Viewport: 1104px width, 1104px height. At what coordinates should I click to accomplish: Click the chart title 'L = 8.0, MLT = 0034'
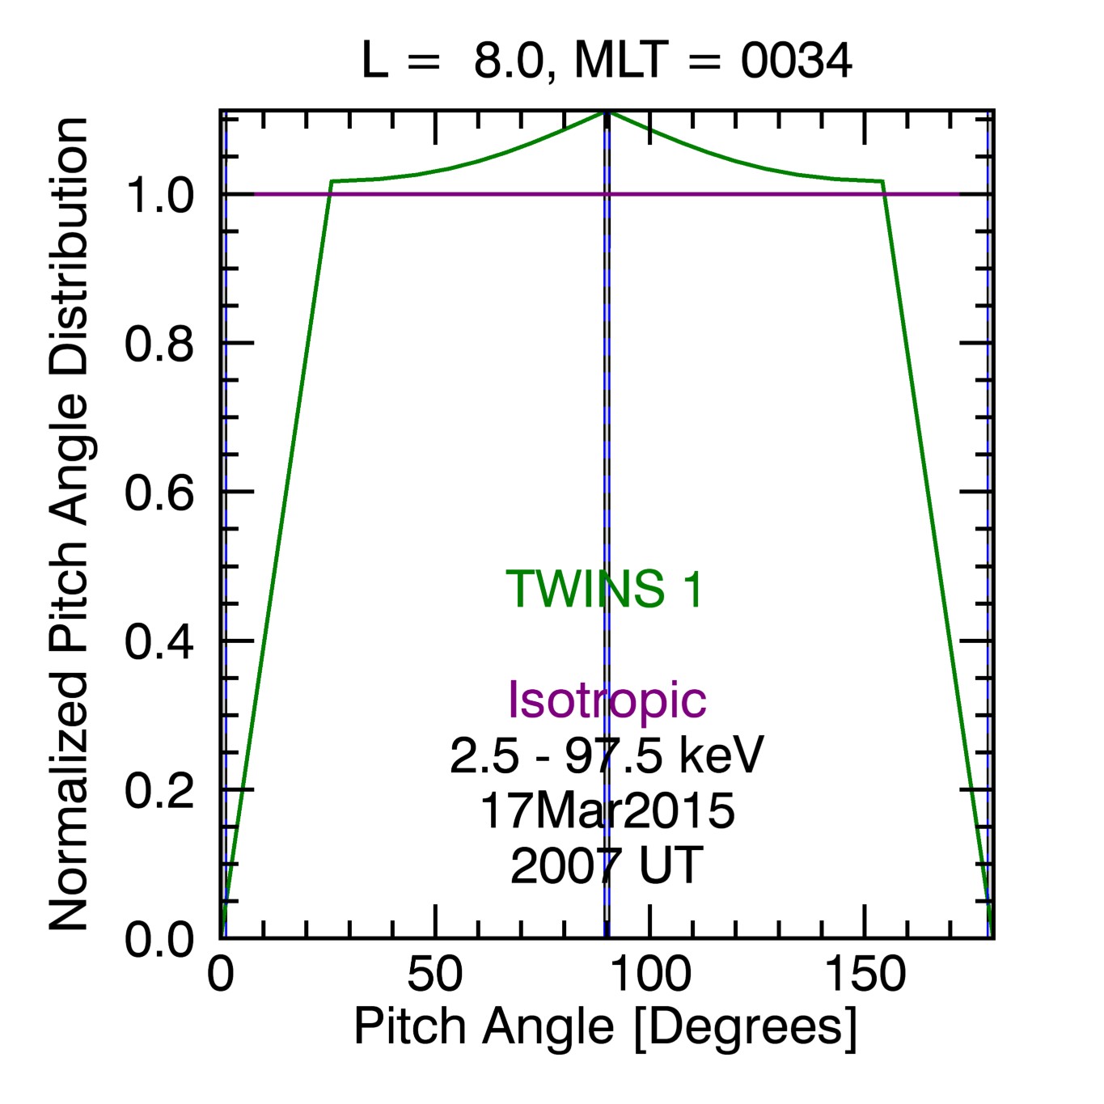tap(606, 61)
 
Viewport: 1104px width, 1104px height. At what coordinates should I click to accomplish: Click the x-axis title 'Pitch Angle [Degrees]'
tap(605, 1028)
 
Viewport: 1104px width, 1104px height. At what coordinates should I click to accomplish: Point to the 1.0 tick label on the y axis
tap(159, 196)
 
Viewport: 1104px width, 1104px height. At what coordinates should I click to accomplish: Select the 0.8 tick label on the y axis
tap(159, 345)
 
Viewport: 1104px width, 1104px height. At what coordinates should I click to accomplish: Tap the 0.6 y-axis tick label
tap(159, 493)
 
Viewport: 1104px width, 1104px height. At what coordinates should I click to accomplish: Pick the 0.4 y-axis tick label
tap(159, 642)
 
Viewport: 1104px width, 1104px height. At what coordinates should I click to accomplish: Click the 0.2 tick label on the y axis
tap(159, 791)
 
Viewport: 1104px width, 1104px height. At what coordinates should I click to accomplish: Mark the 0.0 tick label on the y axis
tap(159, 940)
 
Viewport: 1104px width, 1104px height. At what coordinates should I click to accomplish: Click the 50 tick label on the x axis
tap(435, 975)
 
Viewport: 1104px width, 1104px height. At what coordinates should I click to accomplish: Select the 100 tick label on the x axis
tap(649, 975)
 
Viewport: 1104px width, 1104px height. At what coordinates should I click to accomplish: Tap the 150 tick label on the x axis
tap(865, 975)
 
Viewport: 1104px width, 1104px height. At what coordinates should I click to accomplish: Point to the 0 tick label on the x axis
tap(221, 975)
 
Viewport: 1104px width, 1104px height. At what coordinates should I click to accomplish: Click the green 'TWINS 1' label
tap(605, 589)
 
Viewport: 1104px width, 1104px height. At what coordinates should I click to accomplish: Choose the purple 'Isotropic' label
tap(607, 700)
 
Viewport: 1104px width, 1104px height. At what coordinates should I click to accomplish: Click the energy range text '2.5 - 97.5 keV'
tap(606, 756)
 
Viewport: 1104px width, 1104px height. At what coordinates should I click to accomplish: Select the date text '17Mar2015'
tap(607, 810)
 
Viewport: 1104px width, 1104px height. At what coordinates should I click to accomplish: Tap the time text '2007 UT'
tap(607, 865)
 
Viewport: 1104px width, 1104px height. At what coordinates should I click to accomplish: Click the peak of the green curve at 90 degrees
tap(607, 112)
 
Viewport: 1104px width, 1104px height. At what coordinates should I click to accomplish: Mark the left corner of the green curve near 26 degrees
tap(332, 181)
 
